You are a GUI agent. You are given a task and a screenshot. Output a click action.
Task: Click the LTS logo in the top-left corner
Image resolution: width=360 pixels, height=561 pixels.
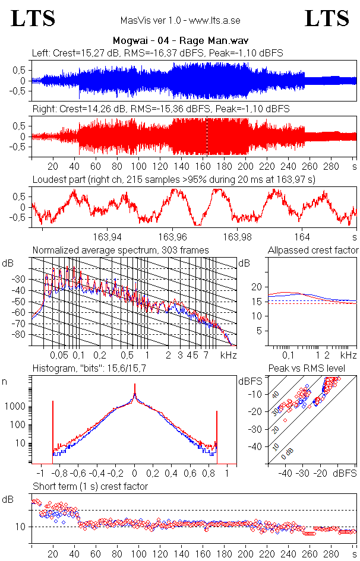point(33,18)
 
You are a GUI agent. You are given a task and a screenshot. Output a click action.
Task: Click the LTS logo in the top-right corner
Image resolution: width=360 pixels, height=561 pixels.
point(327,18)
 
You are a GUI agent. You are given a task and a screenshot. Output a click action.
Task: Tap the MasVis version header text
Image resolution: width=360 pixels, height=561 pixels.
point(180,21)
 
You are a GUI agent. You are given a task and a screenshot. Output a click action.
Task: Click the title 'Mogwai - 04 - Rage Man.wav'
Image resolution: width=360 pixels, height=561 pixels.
point(180,41)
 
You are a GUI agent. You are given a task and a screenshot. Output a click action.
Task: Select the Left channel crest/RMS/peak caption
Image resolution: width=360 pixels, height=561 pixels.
point(157,53)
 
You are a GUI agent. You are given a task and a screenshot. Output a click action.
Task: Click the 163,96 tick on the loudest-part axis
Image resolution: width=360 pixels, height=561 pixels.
point(173,234)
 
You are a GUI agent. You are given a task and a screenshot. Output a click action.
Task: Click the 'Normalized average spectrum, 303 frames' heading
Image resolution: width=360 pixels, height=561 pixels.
point(121,250)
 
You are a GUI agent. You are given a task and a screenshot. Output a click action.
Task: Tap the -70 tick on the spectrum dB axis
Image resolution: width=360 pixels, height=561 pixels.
point(22,324)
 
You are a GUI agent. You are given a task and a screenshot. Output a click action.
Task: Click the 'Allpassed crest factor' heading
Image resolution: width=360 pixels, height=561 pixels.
point(313,250)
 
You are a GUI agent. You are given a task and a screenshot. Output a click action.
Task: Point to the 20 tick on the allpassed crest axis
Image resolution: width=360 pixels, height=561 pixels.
point(256,287)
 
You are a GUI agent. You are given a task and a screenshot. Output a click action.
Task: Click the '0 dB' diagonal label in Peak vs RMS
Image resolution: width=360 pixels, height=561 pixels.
point(286,456)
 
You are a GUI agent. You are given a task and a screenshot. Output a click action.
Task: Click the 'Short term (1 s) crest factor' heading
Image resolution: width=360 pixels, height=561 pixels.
point(90,486)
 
